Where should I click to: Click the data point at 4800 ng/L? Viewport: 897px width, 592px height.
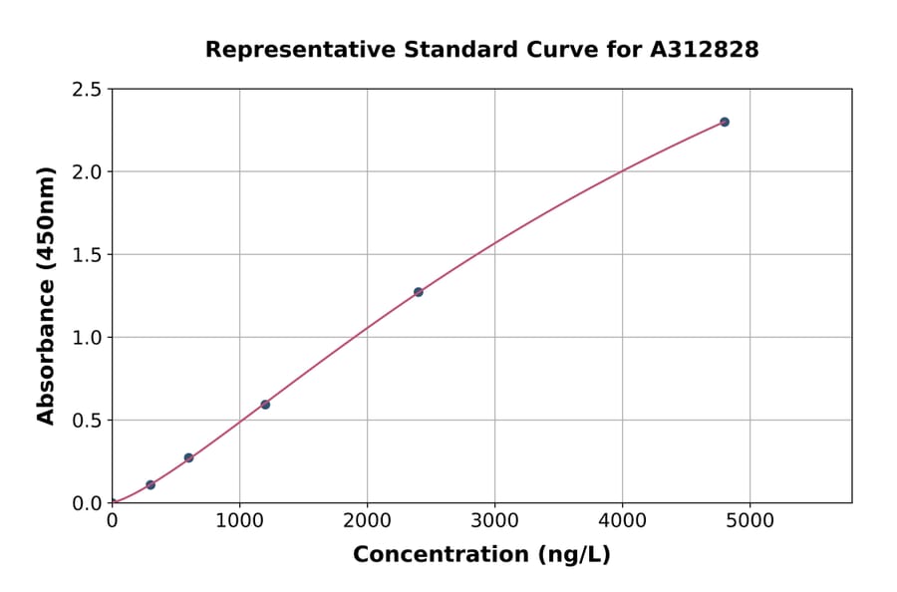pos(725,122)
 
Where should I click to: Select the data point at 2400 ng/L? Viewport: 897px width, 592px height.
pos(419,292)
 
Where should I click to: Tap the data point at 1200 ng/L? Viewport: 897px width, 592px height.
pos(265,405)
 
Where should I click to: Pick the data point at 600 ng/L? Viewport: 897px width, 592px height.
pos(188,457)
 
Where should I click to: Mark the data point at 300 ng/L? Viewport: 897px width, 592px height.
pos(150,484)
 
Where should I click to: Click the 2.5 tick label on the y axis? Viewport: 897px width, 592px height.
pos(88,90)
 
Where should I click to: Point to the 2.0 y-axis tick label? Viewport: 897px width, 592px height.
pos(88,172)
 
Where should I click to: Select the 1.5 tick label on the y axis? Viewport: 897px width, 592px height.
pos(88,255)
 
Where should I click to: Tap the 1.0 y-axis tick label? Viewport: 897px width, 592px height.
pos(88,338)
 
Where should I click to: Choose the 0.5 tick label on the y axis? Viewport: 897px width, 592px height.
pos(88,421)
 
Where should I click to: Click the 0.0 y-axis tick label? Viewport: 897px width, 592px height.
pos(88,503)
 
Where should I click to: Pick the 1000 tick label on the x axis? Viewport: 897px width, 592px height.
pos(239,520)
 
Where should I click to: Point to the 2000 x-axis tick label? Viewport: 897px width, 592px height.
pos(367,520)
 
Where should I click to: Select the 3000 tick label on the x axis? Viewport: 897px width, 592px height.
pos(495,520)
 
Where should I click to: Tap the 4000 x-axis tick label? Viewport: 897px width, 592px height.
pos(623,520)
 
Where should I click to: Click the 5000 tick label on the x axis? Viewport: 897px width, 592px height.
pos(750,520)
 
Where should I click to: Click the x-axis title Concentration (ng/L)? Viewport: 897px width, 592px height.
pos(481,554)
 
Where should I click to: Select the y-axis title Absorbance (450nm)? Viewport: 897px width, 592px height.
pos(46,296)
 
